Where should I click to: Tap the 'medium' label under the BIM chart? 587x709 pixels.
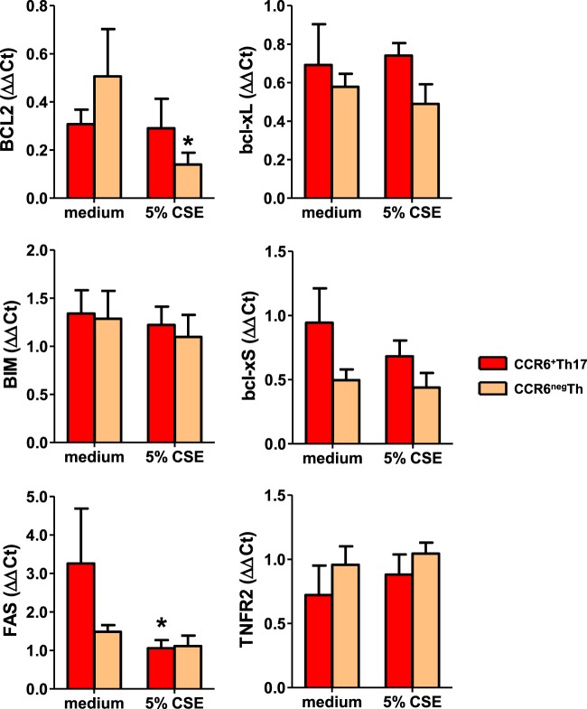pyautogui.click(x=95, y=457)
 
